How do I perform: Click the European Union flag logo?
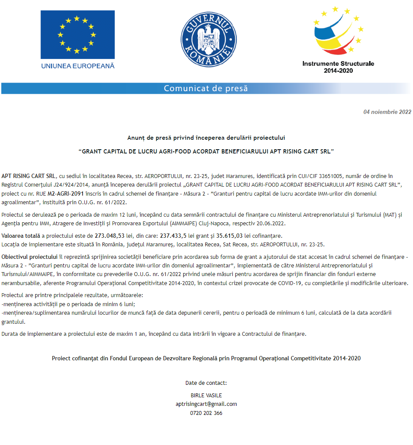[x=77, y=35]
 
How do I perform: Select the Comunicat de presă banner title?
[x=206, y=89]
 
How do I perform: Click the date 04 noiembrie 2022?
[x=387, y=112]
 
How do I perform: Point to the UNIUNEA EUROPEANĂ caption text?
[x=78, y=66]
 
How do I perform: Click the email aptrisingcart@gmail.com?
[x=206, y=404]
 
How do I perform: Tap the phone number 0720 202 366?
[x=206, y=413]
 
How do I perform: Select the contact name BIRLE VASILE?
[x=206, y=395]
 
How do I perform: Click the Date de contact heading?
[x=206, y=383]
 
